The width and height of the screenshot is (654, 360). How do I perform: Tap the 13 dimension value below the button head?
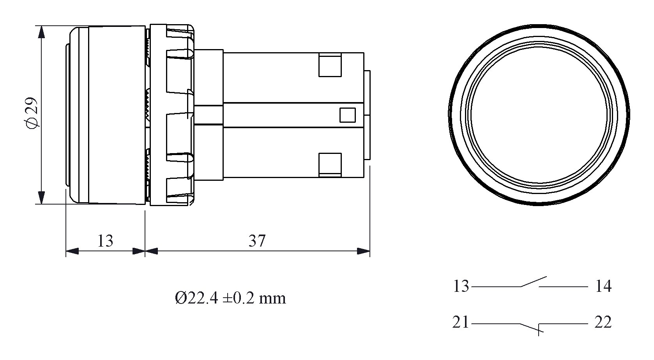[x=105, y=241]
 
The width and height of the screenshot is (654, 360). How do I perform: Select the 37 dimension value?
[x=257, y=241]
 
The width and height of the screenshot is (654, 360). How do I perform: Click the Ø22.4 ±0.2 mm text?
[x=230, y=298]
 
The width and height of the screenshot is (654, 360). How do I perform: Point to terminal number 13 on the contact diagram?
[x=461, y=286]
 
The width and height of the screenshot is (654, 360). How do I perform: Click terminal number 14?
[x=603, y=286]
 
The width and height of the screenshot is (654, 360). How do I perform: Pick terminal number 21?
[x=460, y=322]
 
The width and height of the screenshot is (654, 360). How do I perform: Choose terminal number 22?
[x=603, y=322]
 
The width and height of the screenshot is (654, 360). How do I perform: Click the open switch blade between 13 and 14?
[x=534, y=281]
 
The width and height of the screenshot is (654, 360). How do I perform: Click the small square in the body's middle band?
[x=347, y=115]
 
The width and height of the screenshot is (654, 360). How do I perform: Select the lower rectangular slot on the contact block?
[x=330, y=165]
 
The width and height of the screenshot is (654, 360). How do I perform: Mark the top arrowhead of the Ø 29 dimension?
[x=42, y=32]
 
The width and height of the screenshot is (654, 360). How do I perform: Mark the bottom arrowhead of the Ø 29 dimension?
[x=42, y=198]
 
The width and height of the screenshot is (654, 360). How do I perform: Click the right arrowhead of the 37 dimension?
[x=364, y=251]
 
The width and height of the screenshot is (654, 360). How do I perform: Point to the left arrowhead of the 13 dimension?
[x=72, y=251]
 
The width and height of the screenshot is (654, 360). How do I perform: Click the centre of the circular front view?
[x=539, y=115]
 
